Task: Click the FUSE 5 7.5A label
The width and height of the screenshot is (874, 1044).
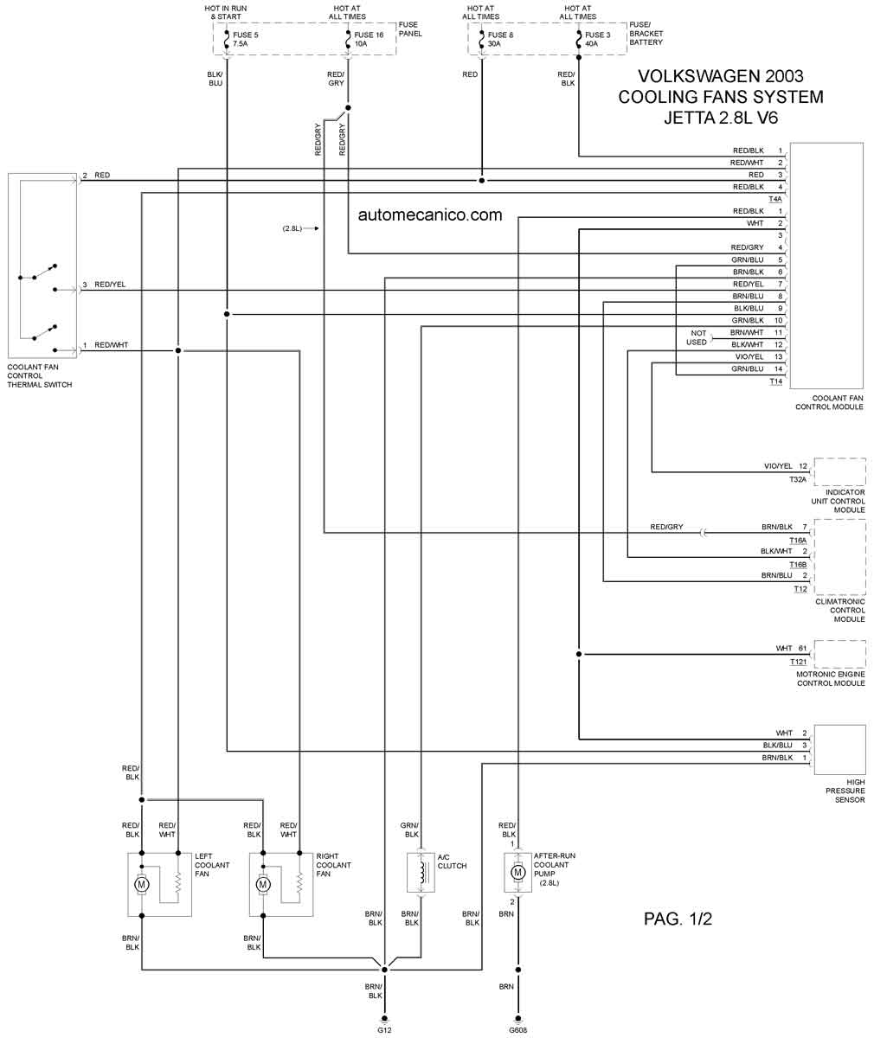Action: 245,39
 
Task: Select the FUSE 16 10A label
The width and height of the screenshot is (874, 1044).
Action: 369,39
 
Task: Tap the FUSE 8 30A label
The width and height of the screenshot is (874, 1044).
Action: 500,39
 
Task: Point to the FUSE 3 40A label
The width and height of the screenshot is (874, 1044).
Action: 597,39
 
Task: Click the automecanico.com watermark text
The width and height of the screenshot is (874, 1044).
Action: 430,215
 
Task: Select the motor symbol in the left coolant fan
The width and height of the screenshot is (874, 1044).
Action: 142,884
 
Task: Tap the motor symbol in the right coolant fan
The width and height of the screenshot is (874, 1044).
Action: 263,884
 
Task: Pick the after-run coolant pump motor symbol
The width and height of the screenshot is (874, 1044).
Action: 517,873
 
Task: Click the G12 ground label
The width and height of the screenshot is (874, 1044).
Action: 384,1030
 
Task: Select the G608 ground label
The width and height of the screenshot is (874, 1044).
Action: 517,1030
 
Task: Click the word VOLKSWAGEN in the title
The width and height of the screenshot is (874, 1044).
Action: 692,76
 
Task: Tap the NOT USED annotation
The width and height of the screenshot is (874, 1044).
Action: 697,337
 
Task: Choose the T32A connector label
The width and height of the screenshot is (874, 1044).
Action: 798,479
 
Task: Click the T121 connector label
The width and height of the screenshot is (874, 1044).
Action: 798,662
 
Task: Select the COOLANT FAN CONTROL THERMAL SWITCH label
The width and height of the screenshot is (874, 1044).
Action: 40,375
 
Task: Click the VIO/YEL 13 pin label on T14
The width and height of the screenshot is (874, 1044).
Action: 758,356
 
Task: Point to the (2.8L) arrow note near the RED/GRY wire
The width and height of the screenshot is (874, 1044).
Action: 300,228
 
